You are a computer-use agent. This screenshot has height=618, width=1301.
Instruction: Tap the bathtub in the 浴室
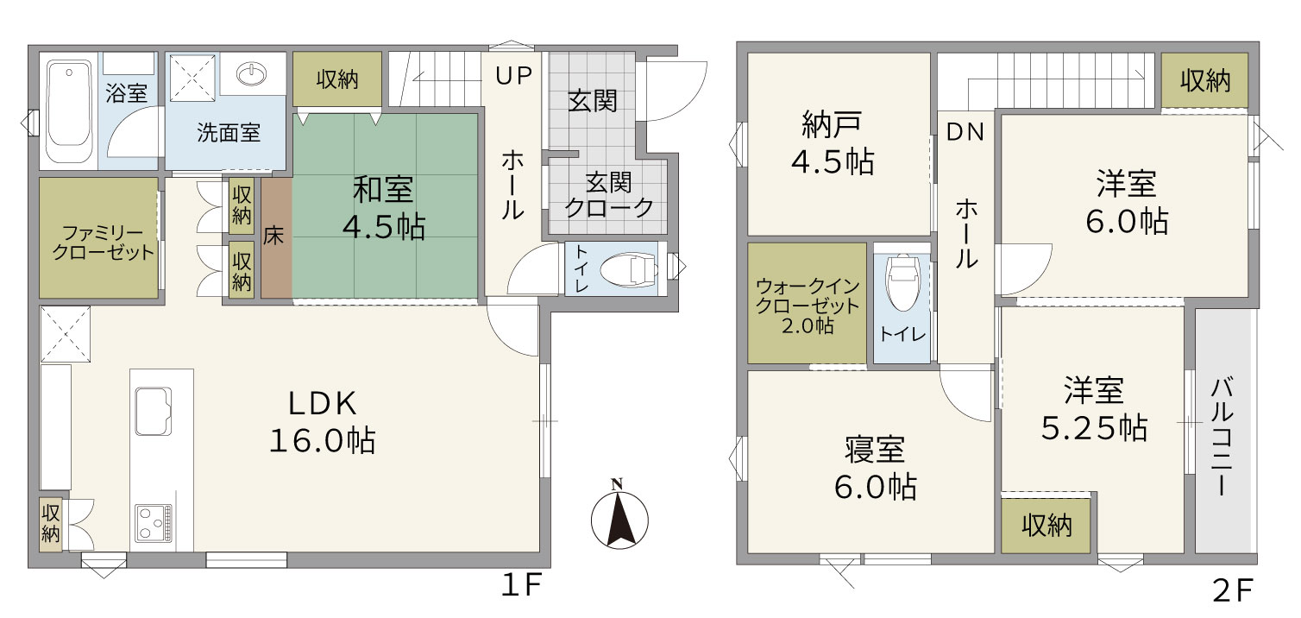click(69, 111)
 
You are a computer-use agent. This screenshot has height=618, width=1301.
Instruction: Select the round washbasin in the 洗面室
click(252, 74)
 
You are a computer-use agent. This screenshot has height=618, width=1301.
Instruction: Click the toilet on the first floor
click(629, 269)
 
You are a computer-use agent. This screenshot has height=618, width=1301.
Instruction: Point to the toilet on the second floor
click(902, 282)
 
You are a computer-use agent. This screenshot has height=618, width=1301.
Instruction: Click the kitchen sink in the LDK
click(154, 411)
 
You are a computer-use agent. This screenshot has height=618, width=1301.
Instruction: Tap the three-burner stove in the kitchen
click(154, 523)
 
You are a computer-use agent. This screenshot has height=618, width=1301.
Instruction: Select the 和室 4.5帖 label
click(383, 208)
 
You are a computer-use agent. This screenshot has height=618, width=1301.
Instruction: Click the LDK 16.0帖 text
click(323, 422)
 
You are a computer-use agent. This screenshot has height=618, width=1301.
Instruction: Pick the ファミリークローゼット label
click(103, 243)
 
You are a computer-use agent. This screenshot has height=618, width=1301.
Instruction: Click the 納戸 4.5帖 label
click(833, 143)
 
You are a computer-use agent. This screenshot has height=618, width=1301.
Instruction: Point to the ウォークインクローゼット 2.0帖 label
click(808, 306)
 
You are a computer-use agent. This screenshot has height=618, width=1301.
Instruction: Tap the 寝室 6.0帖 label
click(876, 468)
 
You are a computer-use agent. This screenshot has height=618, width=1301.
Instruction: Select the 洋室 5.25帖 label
click(1094, 409)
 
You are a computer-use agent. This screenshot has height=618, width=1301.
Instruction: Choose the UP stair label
click(513, 75)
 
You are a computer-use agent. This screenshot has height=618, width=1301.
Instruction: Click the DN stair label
click(965, 132)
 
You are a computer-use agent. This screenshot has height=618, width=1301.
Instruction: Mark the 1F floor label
click(521, 585)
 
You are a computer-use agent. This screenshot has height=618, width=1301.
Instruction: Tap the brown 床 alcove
click(276, 238)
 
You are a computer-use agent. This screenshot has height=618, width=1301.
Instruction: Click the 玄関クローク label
click(609, 195)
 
